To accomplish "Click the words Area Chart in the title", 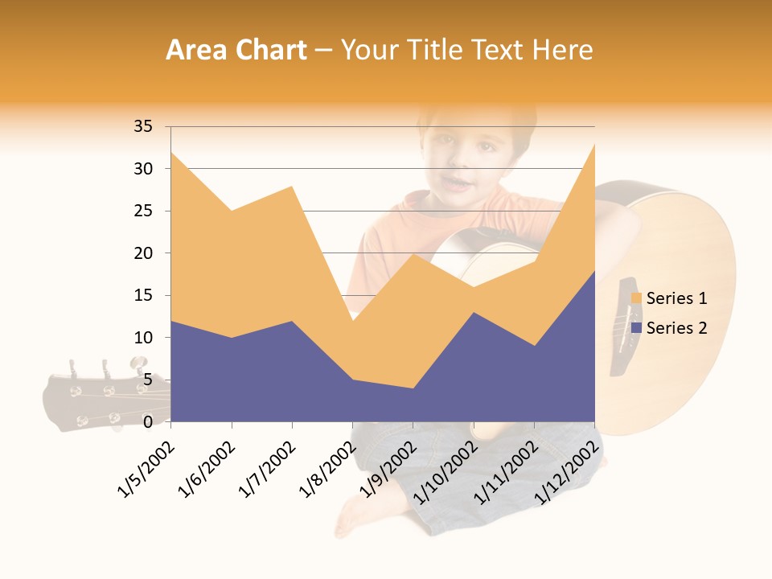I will [x=236, y=51].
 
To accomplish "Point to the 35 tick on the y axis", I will [x=143, y=126].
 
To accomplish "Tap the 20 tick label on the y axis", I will [x=143, y=253].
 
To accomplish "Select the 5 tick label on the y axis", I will [x=148, y=380].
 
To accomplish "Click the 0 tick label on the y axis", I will [x=148, y=421].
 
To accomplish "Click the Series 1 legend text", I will [x=676, y=298].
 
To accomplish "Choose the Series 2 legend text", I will [x=676, y=327].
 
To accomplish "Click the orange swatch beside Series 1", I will [x=637, y=298].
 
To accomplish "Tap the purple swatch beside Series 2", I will [x=637, y=327].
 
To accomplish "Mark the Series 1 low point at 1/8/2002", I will [x=352, y=321].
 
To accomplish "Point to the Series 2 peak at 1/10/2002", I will [x=474, y=312].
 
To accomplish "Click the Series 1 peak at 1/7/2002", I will [x=292, y=186].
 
